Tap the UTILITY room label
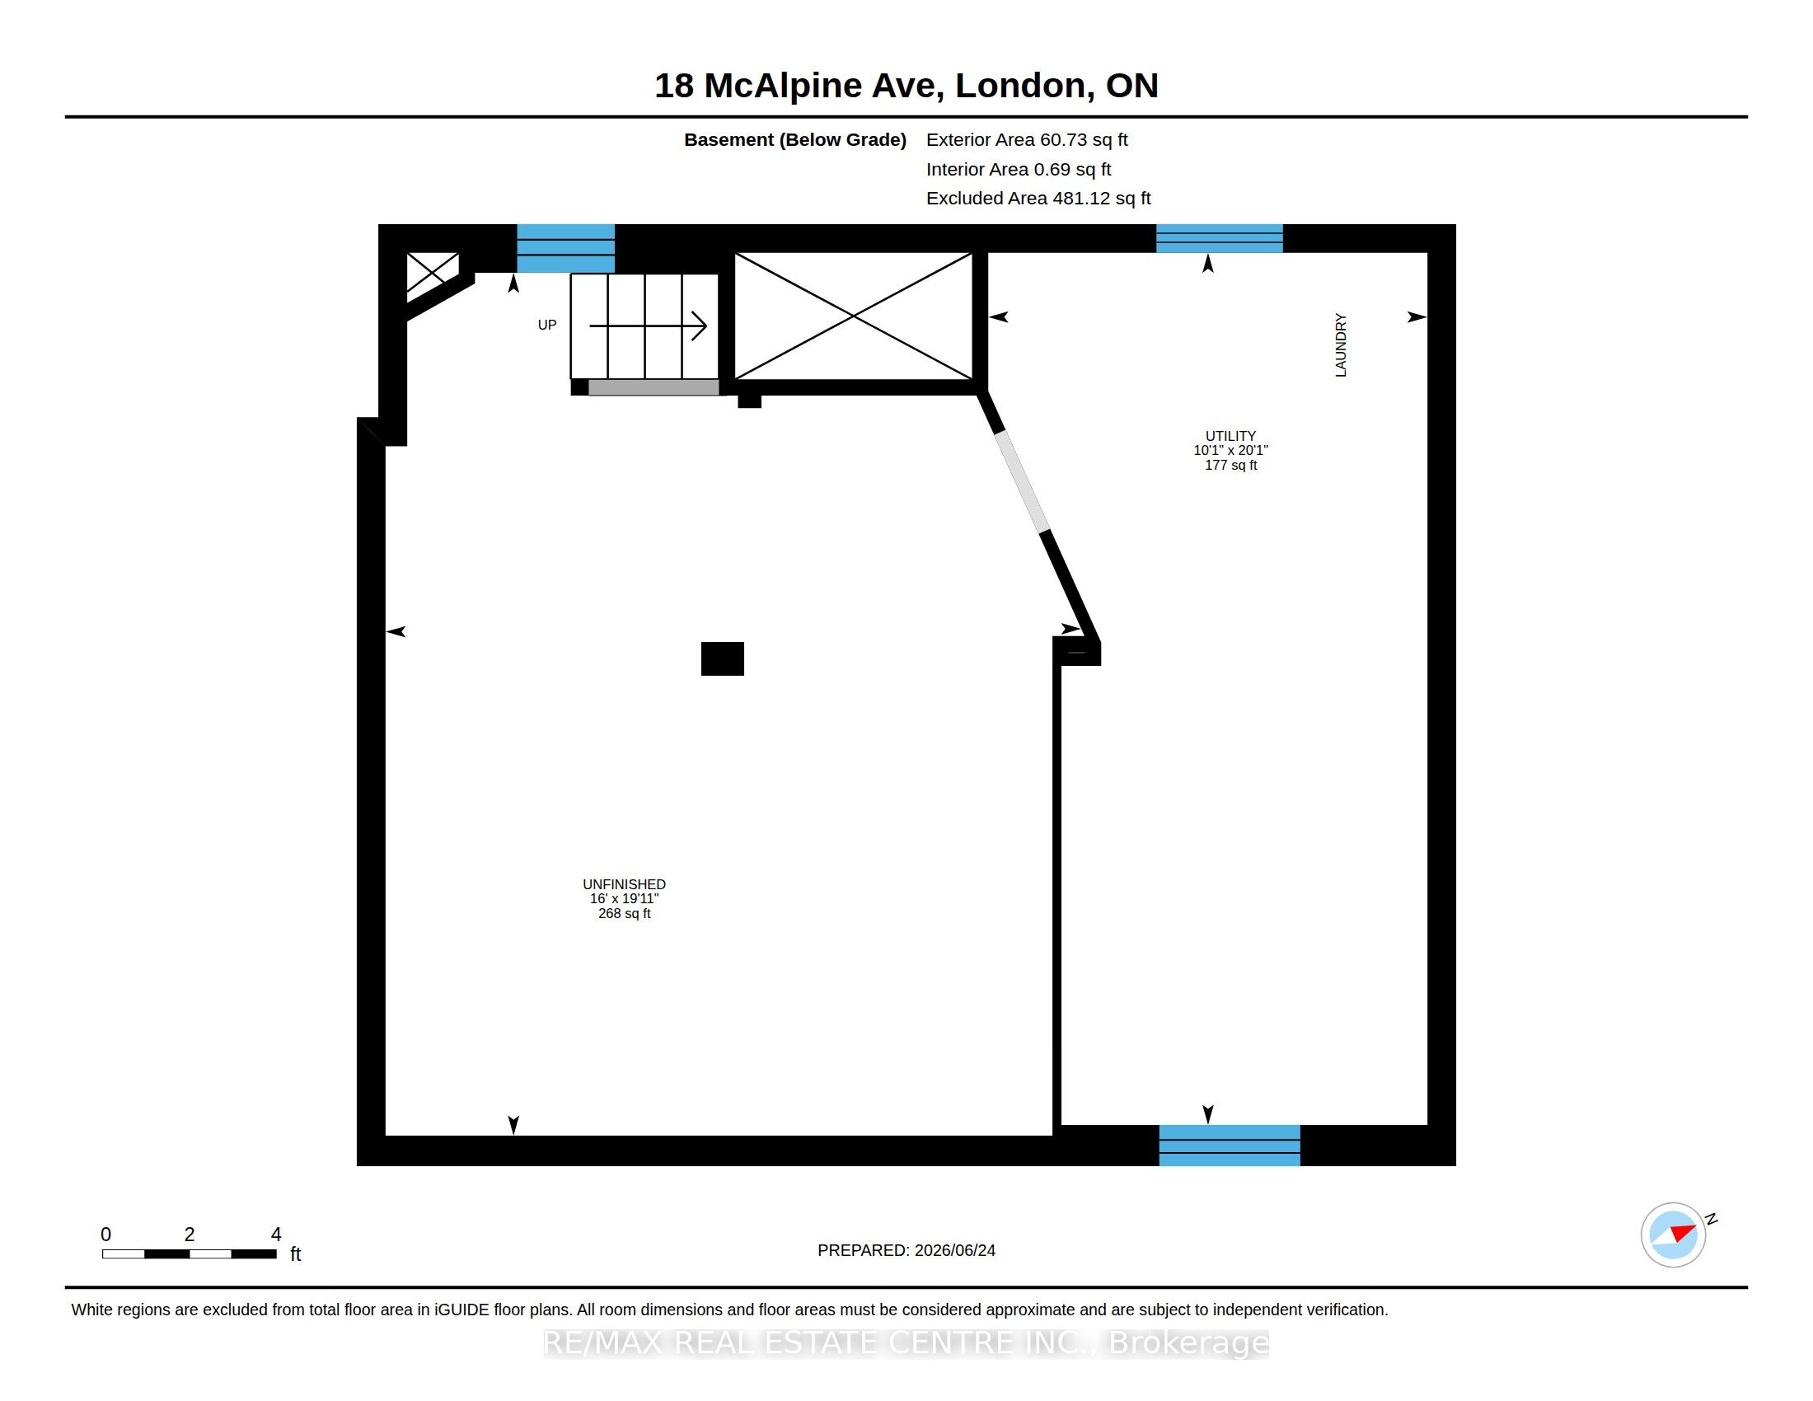pyautogui.click(x=1230, y=436)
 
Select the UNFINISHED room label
pyautogui.click(x=625, y=885)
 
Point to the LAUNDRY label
pyautogui.click(x=1341, y=345)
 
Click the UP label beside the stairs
pyautogui.click(x=547, y=326)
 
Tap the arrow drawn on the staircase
pyautogui.click(x=649, y=326)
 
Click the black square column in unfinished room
pyautogui.click(x=722, y=659)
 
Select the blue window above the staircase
pyautogui.click(x=566, y=248)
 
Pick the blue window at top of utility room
pyautogui.click(x=1220, y=238)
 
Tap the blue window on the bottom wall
pyautogui.click(x=1230, y=1146)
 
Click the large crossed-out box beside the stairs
pyautogui.click(x=854, y=316)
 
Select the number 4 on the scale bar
pyautogui.click(x=276, y=1235)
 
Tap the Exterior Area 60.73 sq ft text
pyautogui.click(x=1027, y=140)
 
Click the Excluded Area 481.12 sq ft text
pyautogui.click(x=1038, y=199)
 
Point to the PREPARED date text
pyautogui.click(x=906, y=1251)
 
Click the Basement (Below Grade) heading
pyautogui.click(x=795, y=140)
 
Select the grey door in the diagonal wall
pyautogui.click(x=1022, y=482)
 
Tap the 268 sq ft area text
pyautogui.click(x=625, y=914)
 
